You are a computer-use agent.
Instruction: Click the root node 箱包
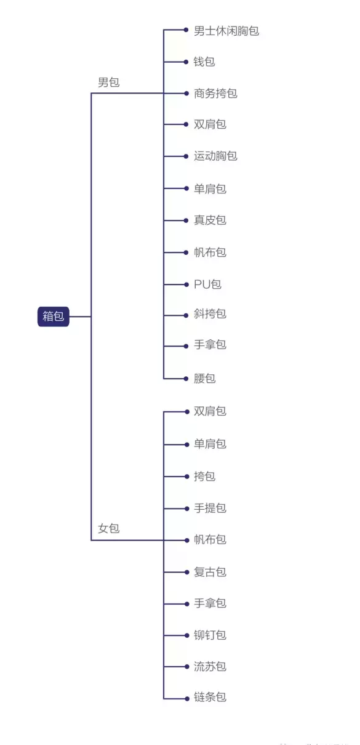53,316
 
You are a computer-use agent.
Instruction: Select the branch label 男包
109,82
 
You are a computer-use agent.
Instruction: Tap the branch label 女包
109,528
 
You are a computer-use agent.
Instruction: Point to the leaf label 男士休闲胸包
226,31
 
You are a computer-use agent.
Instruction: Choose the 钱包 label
204,62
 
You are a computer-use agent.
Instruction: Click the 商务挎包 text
215,94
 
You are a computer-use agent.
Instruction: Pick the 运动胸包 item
215,156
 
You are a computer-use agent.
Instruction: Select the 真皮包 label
210,220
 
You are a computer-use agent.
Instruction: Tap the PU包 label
208,284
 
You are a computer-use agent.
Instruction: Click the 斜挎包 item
210,313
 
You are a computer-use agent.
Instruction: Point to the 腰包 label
204,378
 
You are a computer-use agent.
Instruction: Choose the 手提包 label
210,508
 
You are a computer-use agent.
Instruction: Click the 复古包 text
210,572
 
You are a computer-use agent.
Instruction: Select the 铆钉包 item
210,635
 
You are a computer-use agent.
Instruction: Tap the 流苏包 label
210,666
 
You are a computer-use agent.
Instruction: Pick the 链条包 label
210,697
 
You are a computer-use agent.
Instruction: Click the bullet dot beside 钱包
186,62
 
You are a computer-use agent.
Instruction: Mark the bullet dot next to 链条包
186,698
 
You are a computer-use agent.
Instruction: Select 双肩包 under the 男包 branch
210,124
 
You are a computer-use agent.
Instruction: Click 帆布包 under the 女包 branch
210,539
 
